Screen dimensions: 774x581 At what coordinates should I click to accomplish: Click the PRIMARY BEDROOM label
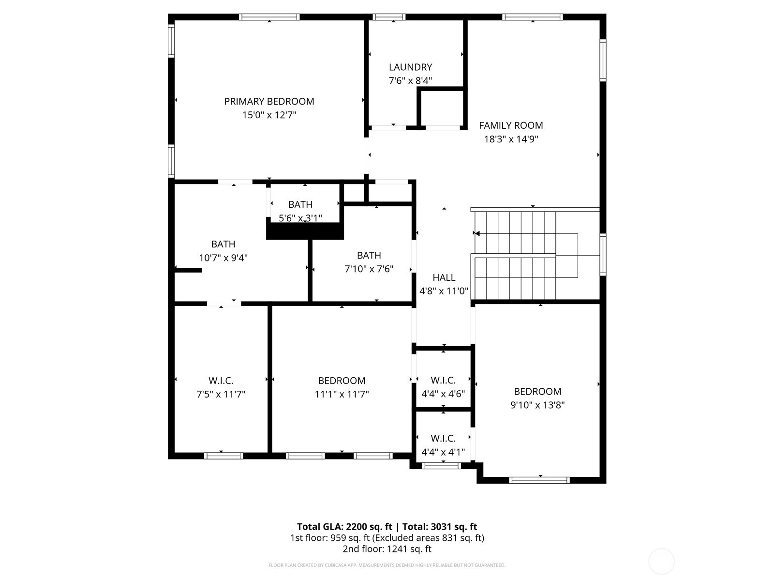pyautogui.click(x=269, y=102)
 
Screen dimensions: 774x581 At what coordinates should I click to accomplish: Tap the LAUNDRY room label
pyautogui.click(x=410, y=67)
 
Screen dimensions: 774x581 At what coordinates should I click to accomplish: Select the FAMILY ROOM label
pyautogui.click(x=511, y=125)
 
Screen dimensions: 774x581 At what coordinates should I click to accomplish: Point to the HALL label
pyautogui.click(x=444, y=277)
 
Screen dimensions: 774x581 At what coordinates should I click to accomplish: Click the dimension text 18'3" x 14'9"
pyautogui.click(x=511, y=139)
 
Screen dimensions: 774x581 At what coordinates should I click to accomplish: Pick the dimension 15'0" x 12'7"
pyautogui.click(x=269, y=115)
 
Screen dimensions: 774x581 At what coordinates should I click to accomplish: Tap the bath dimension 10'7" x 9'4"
pyautogui.click(x=223, y=258)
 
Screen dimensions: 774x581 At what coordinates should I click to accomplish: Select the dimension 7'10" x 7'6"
pyautogui.click(x=369, y=269)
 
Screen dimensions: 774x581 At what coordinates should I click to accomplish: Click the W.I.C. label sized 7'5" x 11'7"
pyautogui.click(x=221, y=381)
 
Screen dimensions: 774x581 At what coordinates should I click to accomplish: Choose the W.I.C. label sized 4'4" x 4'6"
pyautogui.click(x=443, y=380)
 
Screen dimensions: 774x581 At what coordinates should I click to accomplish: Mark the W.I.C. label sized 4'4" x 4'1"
pyautogui.click(x=443, y=439)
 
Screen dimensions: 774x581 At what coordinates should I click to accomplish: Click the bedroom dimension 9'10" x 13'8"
pyautogui.click(x=537, y=405)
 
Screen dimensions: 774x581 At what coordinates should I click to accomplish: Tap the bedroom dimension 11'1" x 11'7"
pyautogui.click(x=342, y=394)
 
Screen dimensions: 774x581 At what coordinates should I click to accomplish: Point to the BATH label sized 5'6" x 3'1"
pyautogui.click(x=300, y=205)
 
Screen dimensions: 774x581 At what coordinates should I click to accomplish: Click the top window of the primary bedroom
pyautogui.click(x=269, y=17)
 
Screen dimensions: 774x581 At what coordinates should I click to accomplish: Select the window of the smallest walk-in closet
pyautogui.click(x=441, y=466)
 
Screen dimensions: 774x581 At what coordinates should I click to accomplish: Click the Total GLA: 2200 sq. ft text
pyautogui.click(x=344, y=527)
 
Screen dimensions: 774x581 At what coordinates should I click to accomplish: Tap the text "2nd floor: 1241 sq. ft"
pyautogui.click(x=387, y=549)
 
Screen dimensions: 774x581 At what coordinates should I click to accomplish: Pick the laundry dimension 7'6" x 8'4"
pyautogui.click(x=410, y=81)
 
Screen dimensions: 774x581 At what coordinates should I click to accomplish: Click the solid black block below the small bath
pyautogui.click(x=305, y=231)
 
